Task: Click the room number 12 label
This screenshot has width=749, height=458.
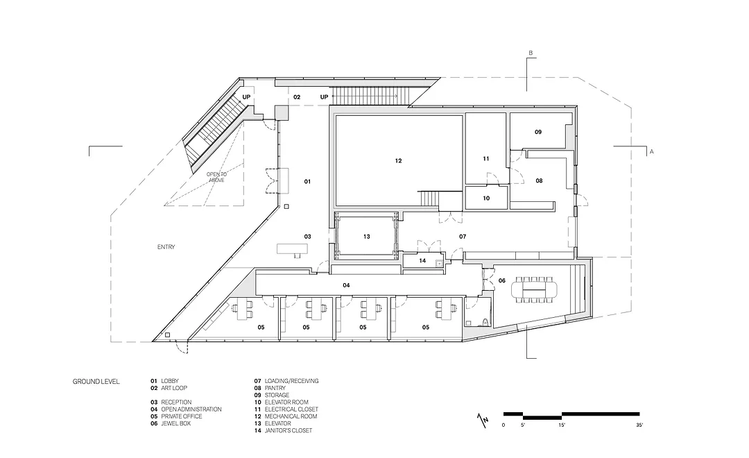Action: click(x=398, y=160)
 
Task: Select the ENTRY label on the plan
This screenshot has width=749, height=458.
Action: click(x=166, y=246)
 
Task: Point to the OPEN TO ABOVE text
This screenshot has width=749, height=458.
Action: click(x=217, y=177)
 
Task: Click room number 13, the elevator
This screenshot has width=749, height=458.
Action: click(x=367, y=236)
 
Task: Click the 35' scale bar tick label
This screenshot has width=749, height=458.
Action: click(x=639, y=425)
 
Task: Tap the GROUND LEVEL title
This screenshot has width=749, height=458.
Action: click(x=96, y=382)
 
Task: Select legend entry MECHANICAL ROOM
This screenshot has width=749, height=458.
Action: click(x=291, y=416)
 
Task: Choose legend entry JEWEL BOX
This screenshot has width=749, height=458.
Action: click(x=175, y=423)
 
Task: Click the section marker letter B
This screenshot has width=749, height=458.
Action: click(x=531, y=53)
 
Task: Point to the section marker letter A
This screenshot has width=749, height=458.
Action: click(x=651, y=151)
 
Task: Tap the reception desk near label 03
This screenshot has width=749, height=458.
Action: click(x=292, y=248)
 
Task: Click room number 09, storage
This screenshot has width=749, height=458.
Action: click(x=538, y=132)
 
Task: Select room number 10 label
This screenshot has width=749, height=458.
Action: click(x=486, y=198)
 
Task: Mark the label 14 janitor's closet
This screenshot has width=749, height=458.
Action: click(x=422, y=260)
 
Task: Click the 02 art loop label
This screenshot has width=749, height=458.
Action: click(x=297, y=97)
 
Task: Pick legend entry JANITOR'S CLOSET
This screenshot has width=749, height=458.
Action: click(x=289, y=430)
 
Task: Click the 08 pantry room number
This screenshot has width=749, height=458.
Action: click(x=539, y=180)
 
